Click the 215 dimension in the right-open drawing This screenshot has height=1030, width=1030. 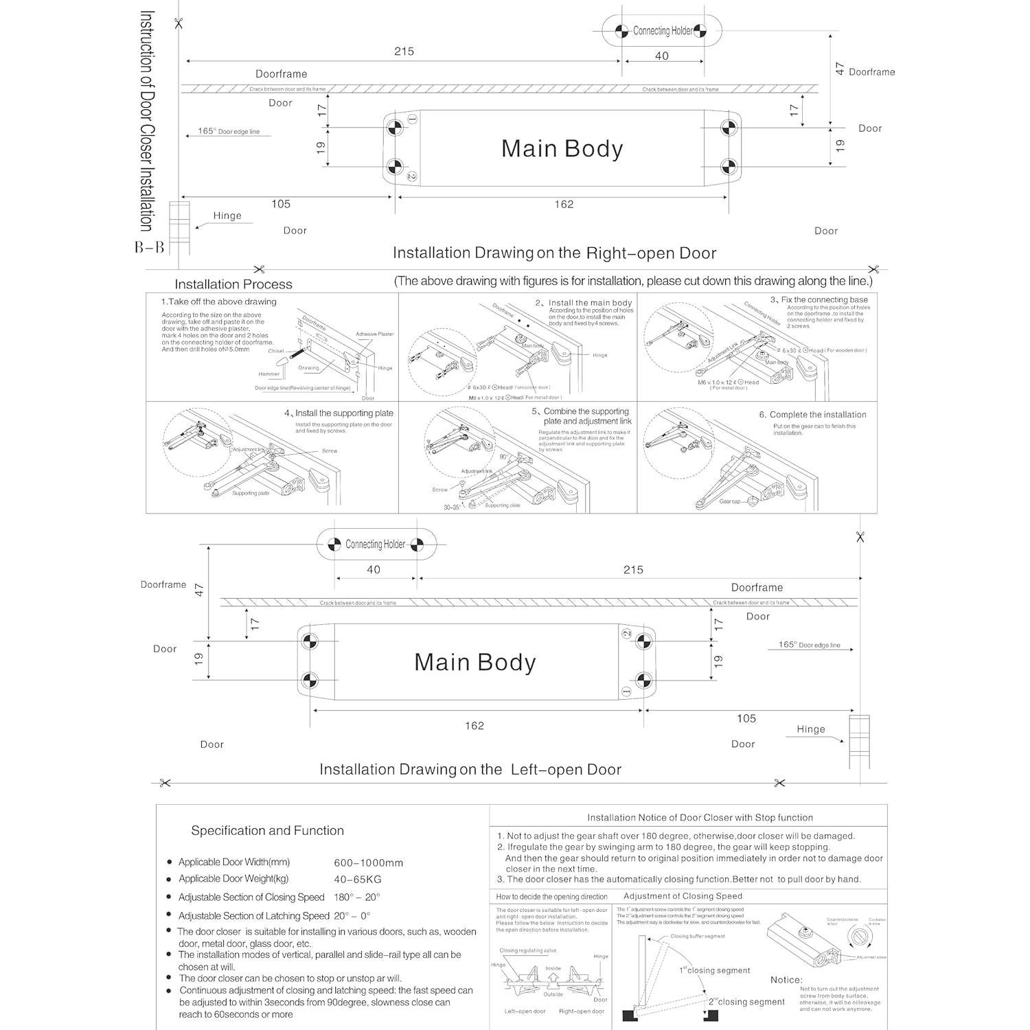pyautogui.click(x=404, y=51)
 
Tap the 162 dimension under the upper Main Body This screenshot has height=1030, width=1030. pyautogui.click(x=564, y=205)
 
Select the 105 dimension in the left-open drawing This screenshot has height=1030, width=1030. pyautogui.click(x=746, y=718)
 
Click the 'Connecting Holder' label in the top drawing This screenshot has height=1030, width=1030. pyautogui.click(x=663, y=31)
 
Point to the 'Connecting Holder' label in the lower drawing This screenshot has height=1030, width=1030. pyautogui.click(x=375, y=545)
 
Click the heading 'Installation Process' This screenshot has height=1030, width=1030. pyautogui.click(x=233, y=284)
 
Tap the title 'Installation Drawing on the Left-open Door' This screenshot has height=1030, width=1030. pyautogui.click(x=470, y=770)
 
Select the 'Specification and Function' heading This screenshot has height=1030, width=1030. pyautogui.click(x=267, y=831)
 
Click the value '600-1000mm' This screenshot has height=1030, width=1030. pyautogui.click(x=368, y=863)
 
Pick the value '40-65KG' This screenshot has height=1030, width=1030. pyautogui.click(x=357, y=880)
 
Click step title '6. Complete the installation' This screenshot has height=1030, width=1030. pyautogui.click(x=812, y=415)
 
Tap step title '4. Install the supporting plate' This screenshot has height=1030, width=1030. pyautogui.click(x=339, y=413)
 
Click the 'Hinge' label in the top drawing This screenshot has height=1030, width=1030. pyautogui.click(x=227, y=216)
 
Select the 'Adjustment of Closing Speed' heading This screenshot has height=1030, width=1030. pyautogui.click(x=683, y=896)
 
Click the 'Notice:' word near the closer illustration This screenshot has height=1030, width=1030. pyautogui.click(x=786, y=980)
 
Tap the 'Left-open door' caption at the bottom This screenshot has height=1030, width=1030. pyautogui.click(x=525, y=1011)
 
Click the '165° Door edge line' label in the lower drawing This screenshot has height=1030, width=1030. pyautogui.click(x=809, y=645)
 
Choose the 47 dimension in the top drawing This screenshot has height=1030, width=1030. pyautogui.click(x=840, y=69)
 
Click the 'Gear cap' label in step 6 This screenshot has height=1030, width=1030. pyautogui.click(x=729, y=502)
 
